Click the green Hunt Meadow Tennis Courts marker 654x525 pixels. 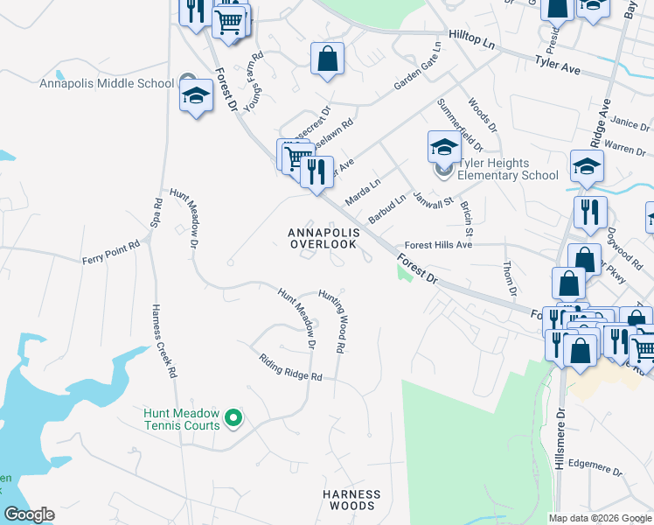pyautogui.click(x=233, y=419)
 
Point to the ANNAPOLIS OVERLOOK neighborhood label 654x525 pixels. pyautogui.click(x=324, y=238)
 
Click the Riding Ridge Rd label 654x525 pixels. pyautogui.click(x=291, y=367)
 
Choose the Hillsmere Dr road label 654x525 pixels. pyautogui.click(x=560, y=443)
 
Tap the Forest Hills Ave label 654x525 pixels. pyautogui.click(x=437, y=246)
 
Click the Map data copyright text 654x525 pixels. pyautogui.click(x=600, y=518)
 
